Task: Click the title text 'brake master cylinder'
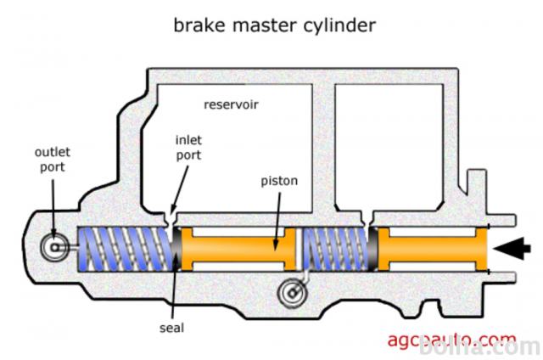pos(274,25)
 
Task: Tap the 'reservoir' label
pos(231,105)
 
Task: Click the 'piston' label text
pos(280,181)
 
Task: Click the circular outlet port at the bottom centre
pos(291,293)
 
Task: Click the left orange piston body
pos(242,250)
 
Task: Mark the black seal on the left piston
pos(176,250)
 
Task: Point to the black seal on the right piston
pos(372,249)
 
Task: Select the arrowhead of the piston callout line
pos(277,246)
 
